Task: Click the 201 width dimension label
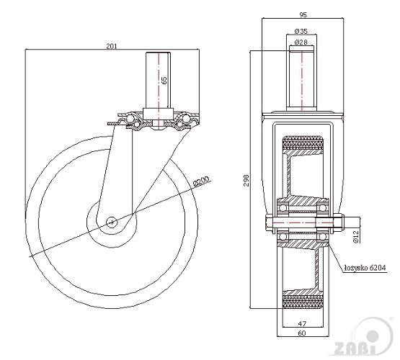pos(112,46)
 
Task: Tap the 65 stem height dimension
pos(164,80)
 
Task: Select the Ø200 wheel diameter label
pos(202,181)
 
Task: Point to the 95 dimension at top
pos(303,15)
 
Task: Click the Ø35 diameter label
pos(301,31)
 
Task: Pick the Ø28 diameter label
pos(301,42)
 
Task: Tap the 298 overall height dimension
pos(246,180)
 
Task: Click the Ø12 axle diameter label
pos(356,236)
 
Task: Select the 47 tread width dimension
pos(302,323)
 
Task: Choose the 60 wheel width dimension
pos(302,333)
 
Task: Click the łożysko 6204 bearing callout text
pos(365,268)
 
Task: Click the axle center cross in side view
pos(112,222)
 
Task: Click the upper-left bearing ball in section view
pos(283,207)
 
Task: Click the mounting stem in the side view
pos(158,80)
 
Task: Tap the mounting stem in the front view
pos(301,78)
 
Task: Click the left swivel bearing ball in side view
pos(130,119)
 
